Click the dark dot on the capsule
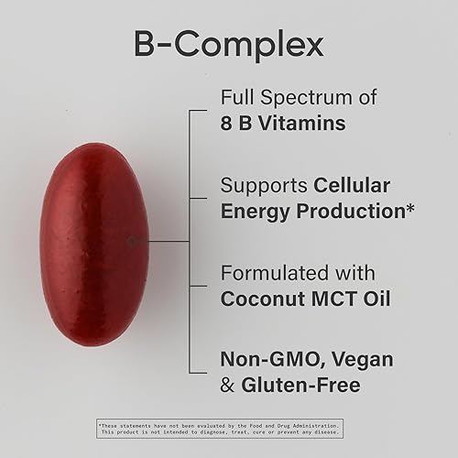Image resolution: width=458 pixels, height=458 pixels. (x=132, y=241)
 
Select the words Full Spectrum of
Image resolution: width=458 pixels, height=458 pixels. (x=294, y=98)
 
